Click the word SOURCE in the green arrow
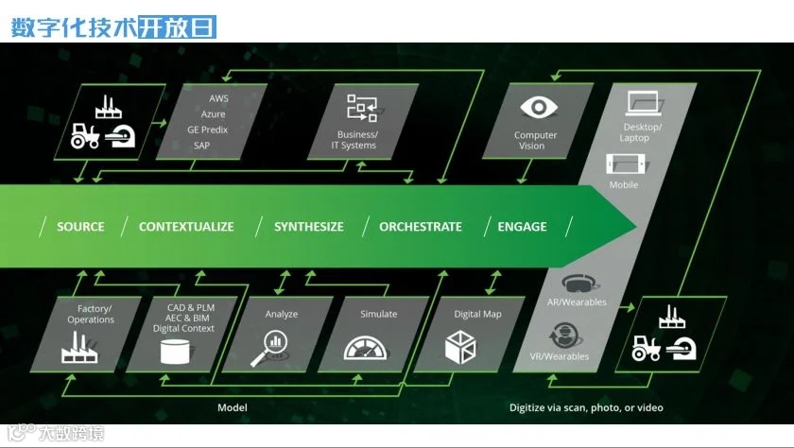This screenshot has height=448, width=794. coord(79,227)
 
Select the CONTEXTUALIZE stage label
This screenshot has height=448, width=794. coord(186,227)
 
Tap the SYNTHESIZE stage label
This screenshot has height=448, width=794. coord(309,227)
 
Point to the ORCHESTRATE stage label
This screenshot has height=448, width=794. coord(421,227)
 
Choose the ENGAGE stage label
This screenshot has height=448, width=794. coord(522,227)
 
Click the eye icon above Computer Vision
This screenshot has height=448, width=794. coord(537,108)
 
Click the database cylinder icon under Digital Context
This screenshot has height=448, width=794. coord(174,353)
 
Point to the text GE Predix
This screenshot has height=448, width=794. coord(207,129)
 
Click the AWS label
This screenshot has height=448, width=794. coord(219,98)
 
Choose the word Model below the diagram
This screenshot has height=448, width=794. coord(233,408)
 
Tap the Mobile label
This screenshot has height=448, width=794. coord(623,185)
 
